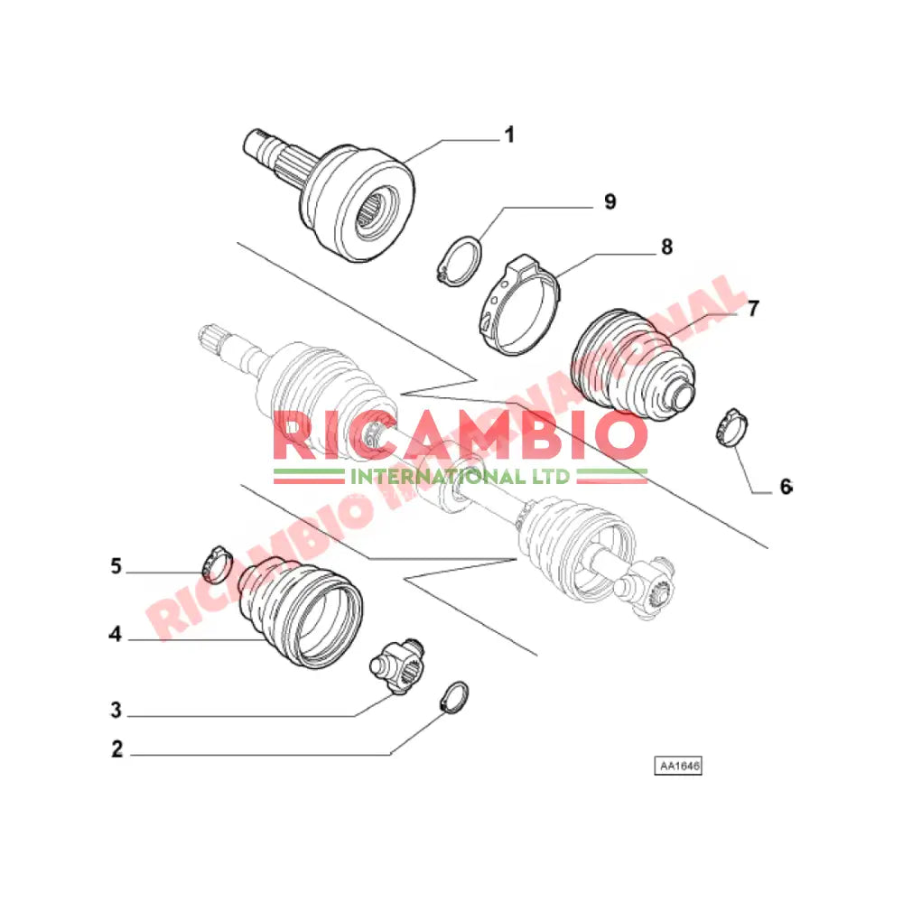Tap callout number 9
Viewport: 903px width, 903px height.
[610, 201]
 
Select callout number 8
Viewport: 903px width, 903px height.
[666, 247]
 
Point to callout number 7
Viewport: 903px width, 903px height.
[753, 308]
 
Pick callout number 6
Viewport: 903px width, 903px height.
[787, 487]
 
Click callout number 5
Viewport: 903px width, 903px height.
[116, 566]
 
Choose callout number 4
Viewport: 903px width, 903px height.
[116, 634]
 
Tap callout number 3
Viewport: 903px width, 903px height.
[116, 710]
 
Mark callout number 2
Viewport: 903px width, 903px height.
[116, 749]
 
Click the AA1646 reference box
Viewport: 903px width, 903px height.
[678, 766]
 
